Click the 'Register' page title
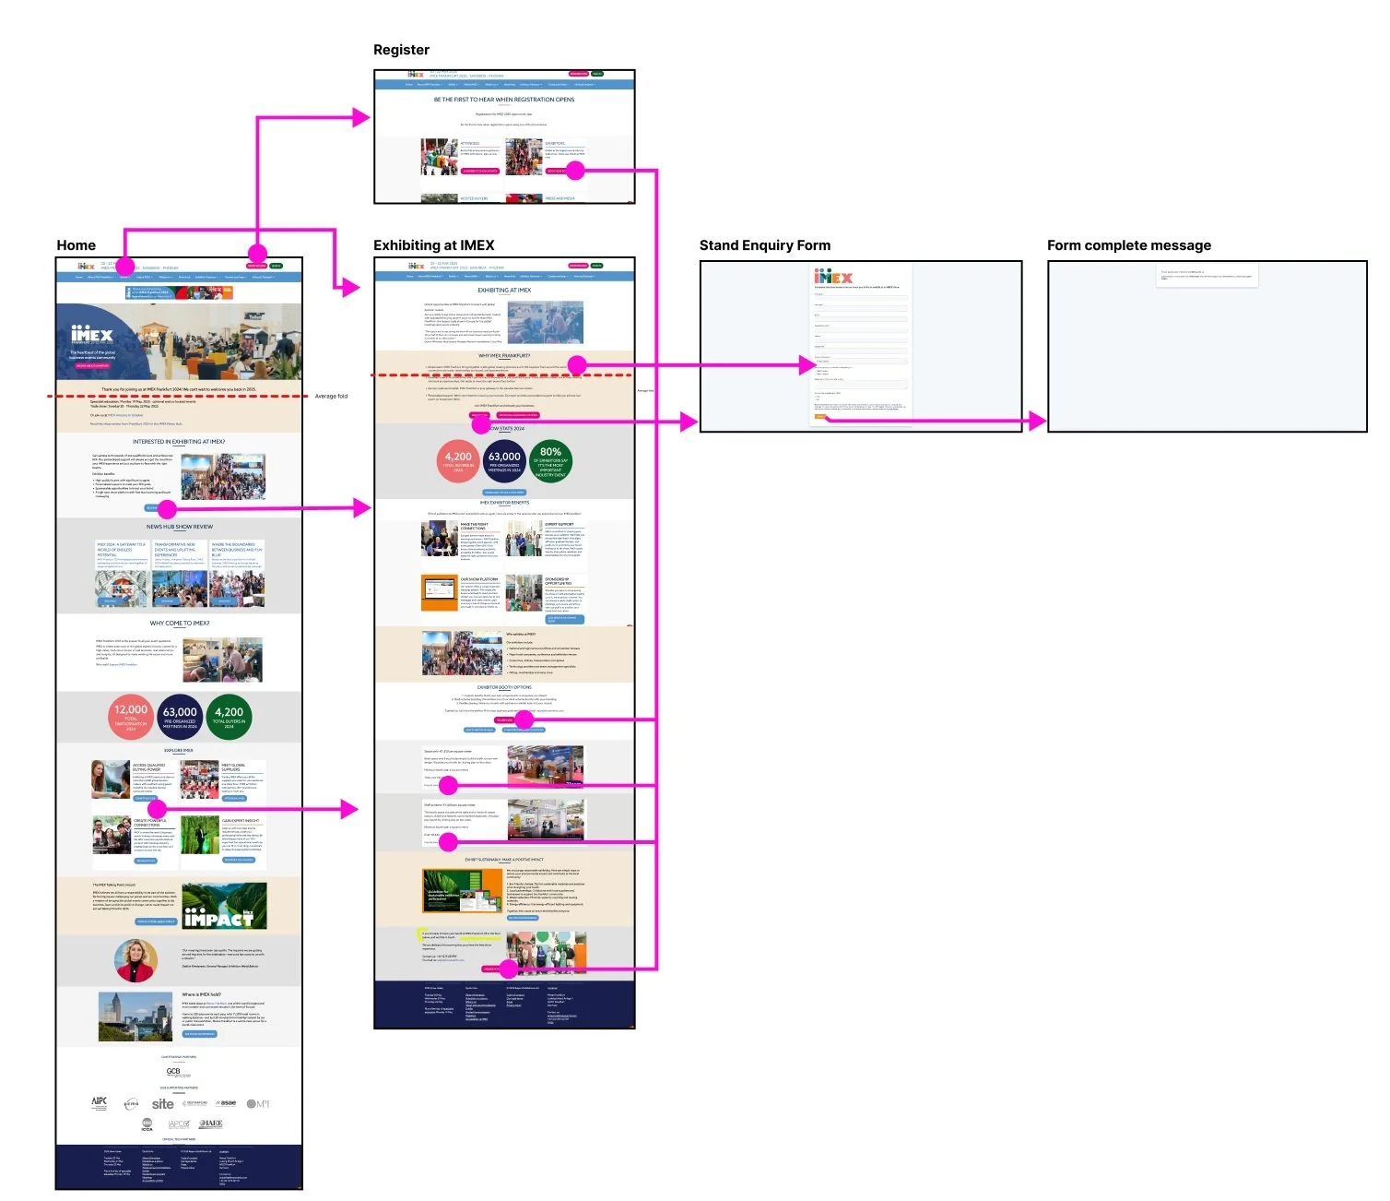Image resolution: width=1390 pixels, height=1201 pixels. [401, 50]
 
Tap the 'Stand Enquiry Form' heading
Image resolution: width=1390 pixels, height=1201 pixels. [764, 245]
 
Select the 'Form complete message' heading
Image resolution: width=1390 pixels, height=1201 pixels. [1128, 245]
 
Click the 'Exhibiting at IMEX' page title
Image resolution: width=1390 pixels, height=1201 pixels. [433, 245]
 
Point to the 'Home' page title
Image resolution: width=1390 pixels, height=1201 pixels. [76, 245]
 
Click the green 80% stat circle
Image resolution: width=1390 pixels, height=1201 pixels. [550, 459]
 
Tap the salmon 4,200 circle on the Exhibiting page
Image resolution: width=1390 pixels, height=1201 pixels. [458, 459]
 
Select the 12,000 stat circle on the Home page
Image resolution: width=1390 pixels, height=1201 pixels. [131, 716]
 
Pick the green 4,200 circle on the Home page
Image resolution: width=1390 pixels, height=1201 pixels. [229, 716]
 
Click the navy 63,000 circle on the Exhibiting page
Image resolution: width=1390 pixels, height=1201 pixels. [504, 459]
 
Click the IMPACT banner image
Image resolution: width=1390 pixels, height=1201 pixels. [224, 906]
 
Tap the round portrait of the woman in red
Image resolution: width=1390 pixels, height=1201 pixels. [135, 961]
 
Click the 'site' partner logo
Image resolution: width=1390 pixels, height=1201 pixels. [163, 1104]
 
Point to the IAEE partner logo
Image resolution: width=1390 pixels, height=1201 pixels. [211, 1124]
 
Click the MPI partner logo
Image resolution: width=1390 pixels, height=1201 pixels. [258, 1104]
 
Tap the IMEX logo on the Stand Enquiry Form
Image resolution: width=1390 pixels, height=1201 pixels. [832, 277]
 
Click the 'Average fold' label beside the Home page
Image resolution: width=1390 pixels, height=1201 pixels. [331, 397]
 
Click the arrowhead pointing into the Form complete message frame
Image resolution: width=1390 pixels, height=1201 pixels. [1038, 422]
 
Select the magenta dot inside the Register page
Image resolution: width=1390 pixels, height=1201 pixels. [575, 170]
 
